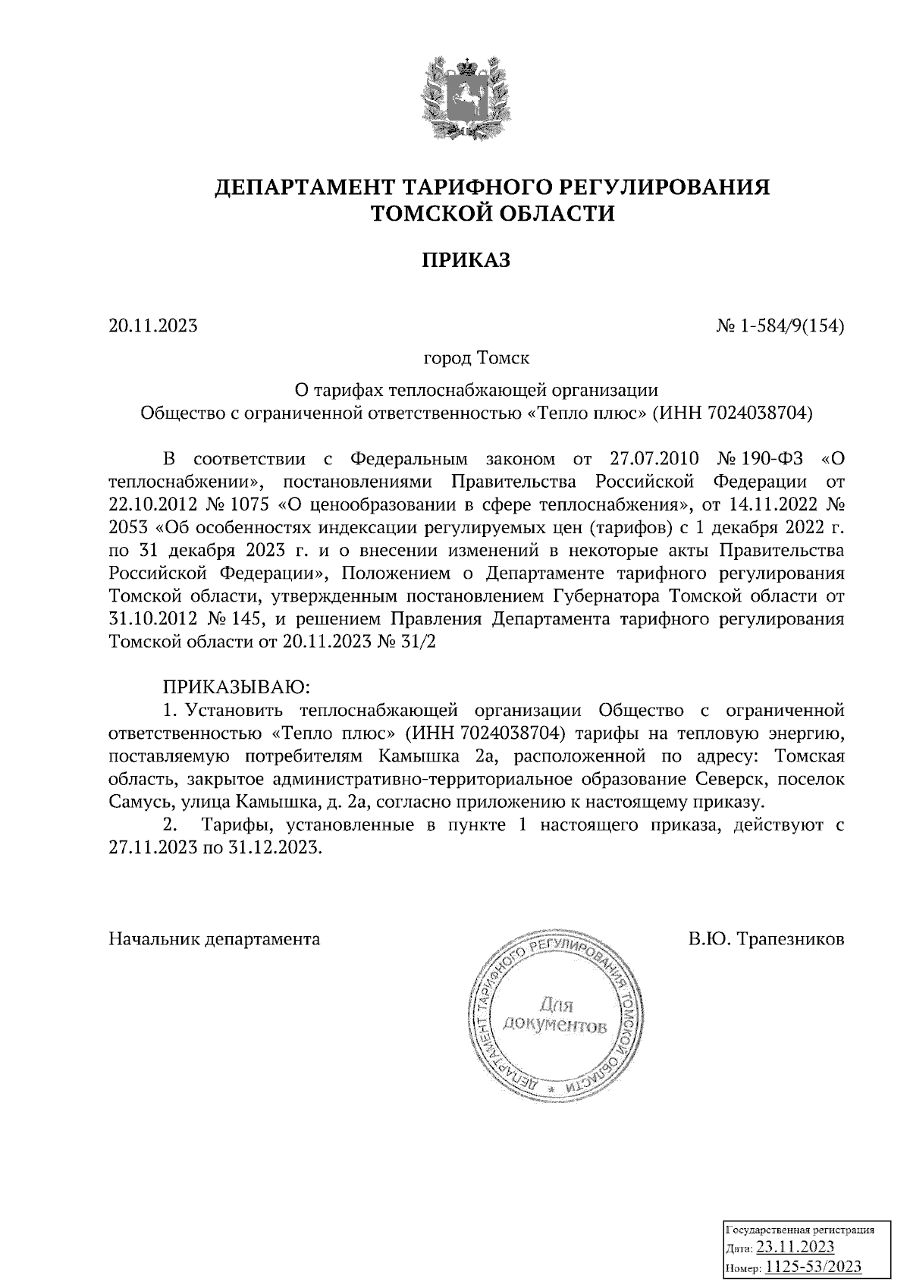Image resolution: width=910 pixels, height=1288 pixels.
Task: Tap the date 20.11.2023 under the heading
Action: click(x=153, y=327)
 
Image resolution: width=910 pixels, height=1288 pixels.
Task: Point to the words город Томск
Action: click(x=476, y=357)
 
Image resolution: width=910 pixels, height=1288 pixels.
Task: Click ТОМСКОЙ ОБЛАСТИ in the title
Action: click(x=491, y=215)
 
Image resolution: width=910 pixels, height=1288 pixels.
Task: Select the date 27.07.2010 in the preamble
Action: click(x=655, y=460)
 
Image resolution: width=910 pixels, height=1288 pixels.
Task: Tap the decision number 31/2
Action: click(x=418, y=642)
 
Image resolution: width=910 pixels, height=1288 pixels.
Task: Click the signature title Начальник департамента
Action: click(x=215, y=939)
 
